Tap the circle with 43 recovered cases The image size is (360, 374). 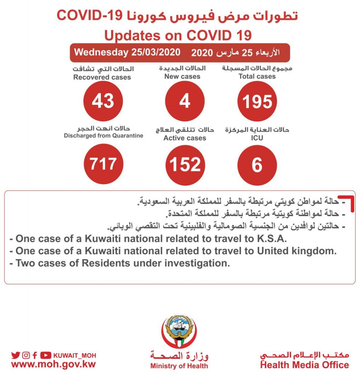(103, 101)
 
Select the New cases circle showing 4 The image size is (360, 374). (185, 101)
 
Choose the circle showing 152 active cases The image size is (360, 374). (185, 164)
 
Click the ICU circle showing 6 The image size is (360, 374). (257, 164)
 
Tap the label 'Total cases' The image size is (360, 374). (257, 76)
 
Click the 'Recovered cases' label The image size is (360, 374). (102, 77)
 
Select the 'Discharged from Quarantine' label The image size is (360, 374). (103, 136)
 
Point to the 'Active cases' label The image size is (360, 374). (185, 138)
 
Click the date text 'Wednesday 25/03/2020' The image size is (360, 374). (127, 52)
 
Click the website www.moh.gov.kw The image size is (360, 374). (53, 364)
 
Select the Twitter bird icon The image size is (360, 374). (15, 355)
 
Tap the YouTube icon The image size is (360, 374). (46, 355)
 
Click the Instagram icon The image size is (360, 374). (26, 355)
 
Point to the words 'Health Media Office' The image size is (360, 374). (304, 365)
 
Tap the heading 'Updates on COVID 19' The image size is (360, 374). (178, 36)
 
